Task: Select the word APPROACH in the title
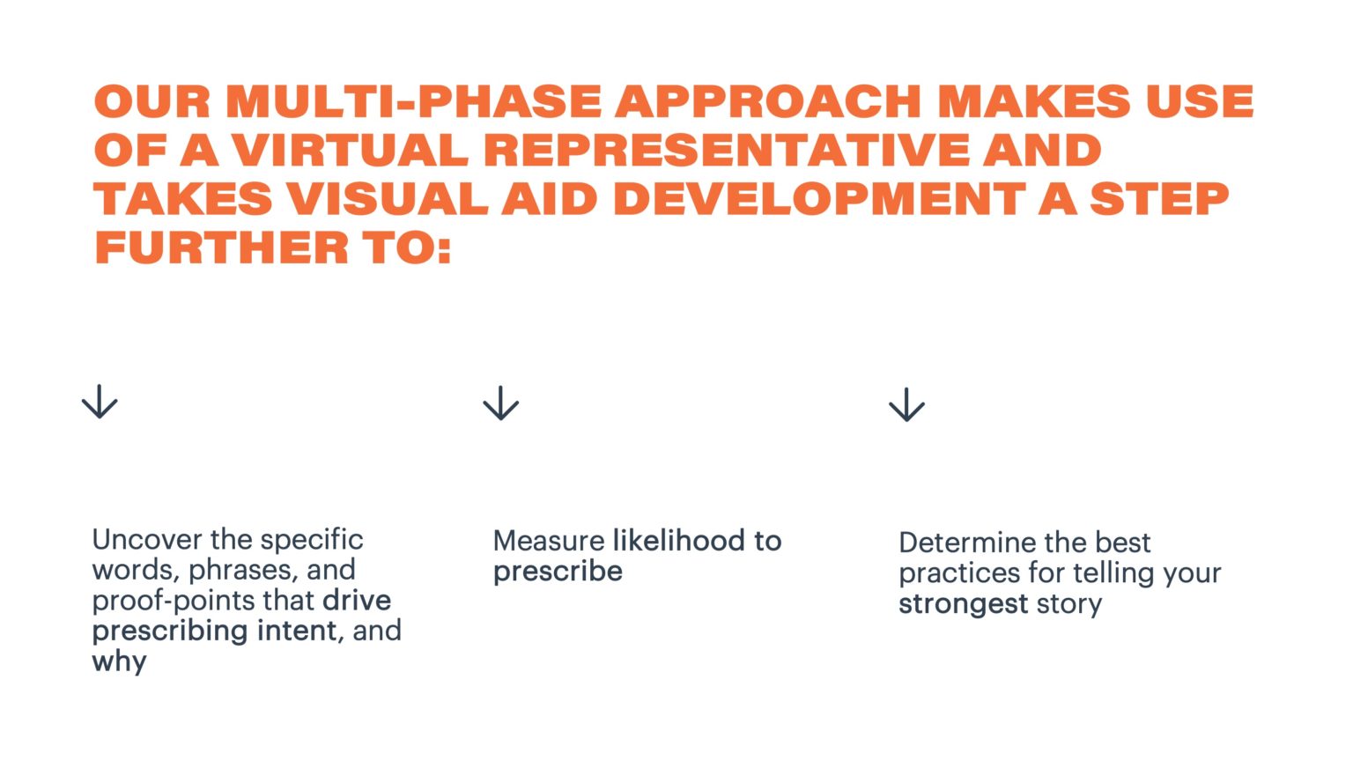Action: pos(767,102)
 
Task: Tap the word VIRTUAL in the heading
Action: pos(350,151)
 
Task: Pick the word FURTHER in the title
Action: pos(221,248)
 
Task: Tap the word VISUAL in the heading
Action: pos(387,199)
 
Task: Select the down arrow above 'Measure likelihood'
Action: pos(501,403)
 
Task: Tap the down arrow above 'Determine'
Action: pos(906,405)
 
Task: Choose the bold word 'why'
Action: pos(119,661)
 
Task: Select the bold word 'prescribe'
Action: pos(558,572)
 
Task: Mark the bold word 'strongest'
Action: pos(963,604)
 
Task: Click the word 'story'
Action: pos(1068,604)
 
